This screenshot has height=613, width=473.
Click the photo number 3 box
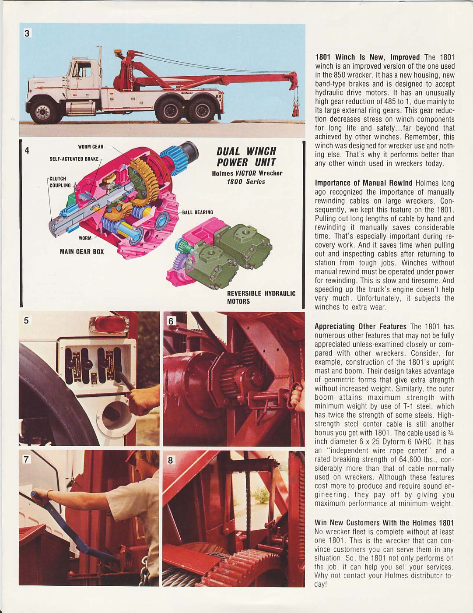pyautogui.click(x=27, y=33)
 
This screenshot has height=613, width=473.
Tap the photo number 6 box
pyautogui.click(x=171, y=321)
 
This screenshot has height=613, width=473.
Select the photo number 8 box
pyautogui.click(x=171, y=460)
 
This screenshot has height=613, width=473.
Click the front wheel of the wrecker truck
pyautogui.click(x=44, y=112)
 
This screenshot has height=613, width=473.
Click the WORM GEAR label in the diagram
pyautogui.click(x=91, y=147)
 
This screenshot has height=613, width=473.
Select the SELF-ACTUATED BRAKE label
pyautogui.click(x=74, y=159)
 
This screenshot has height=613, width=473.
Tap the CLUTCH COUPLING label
pyautogui.click(x=60, y=182)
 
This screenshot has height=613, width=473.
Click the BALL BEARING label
pyautogui.click(x=197, y=212)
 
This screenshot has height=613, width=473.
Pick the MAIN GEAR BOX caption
pyautogui.click(x=82, y=252)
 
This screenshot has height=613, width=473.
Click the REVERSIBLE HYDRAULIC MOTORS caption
pyautogui.click(x=261, y=297)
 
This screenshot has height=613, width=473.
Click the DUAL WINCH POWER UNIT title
pyautogui.click(x=246, y=157)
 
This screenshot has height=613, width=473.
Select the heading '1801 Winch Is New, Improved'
pyautogui.click(x=367, y=57)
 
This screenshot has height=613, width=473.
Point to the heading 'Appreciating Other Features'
pyautogui.click(x=361, y=326)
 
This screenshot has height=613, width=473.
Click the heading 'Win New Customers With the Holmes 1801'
pyautogui.click(x=384, y=523)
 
